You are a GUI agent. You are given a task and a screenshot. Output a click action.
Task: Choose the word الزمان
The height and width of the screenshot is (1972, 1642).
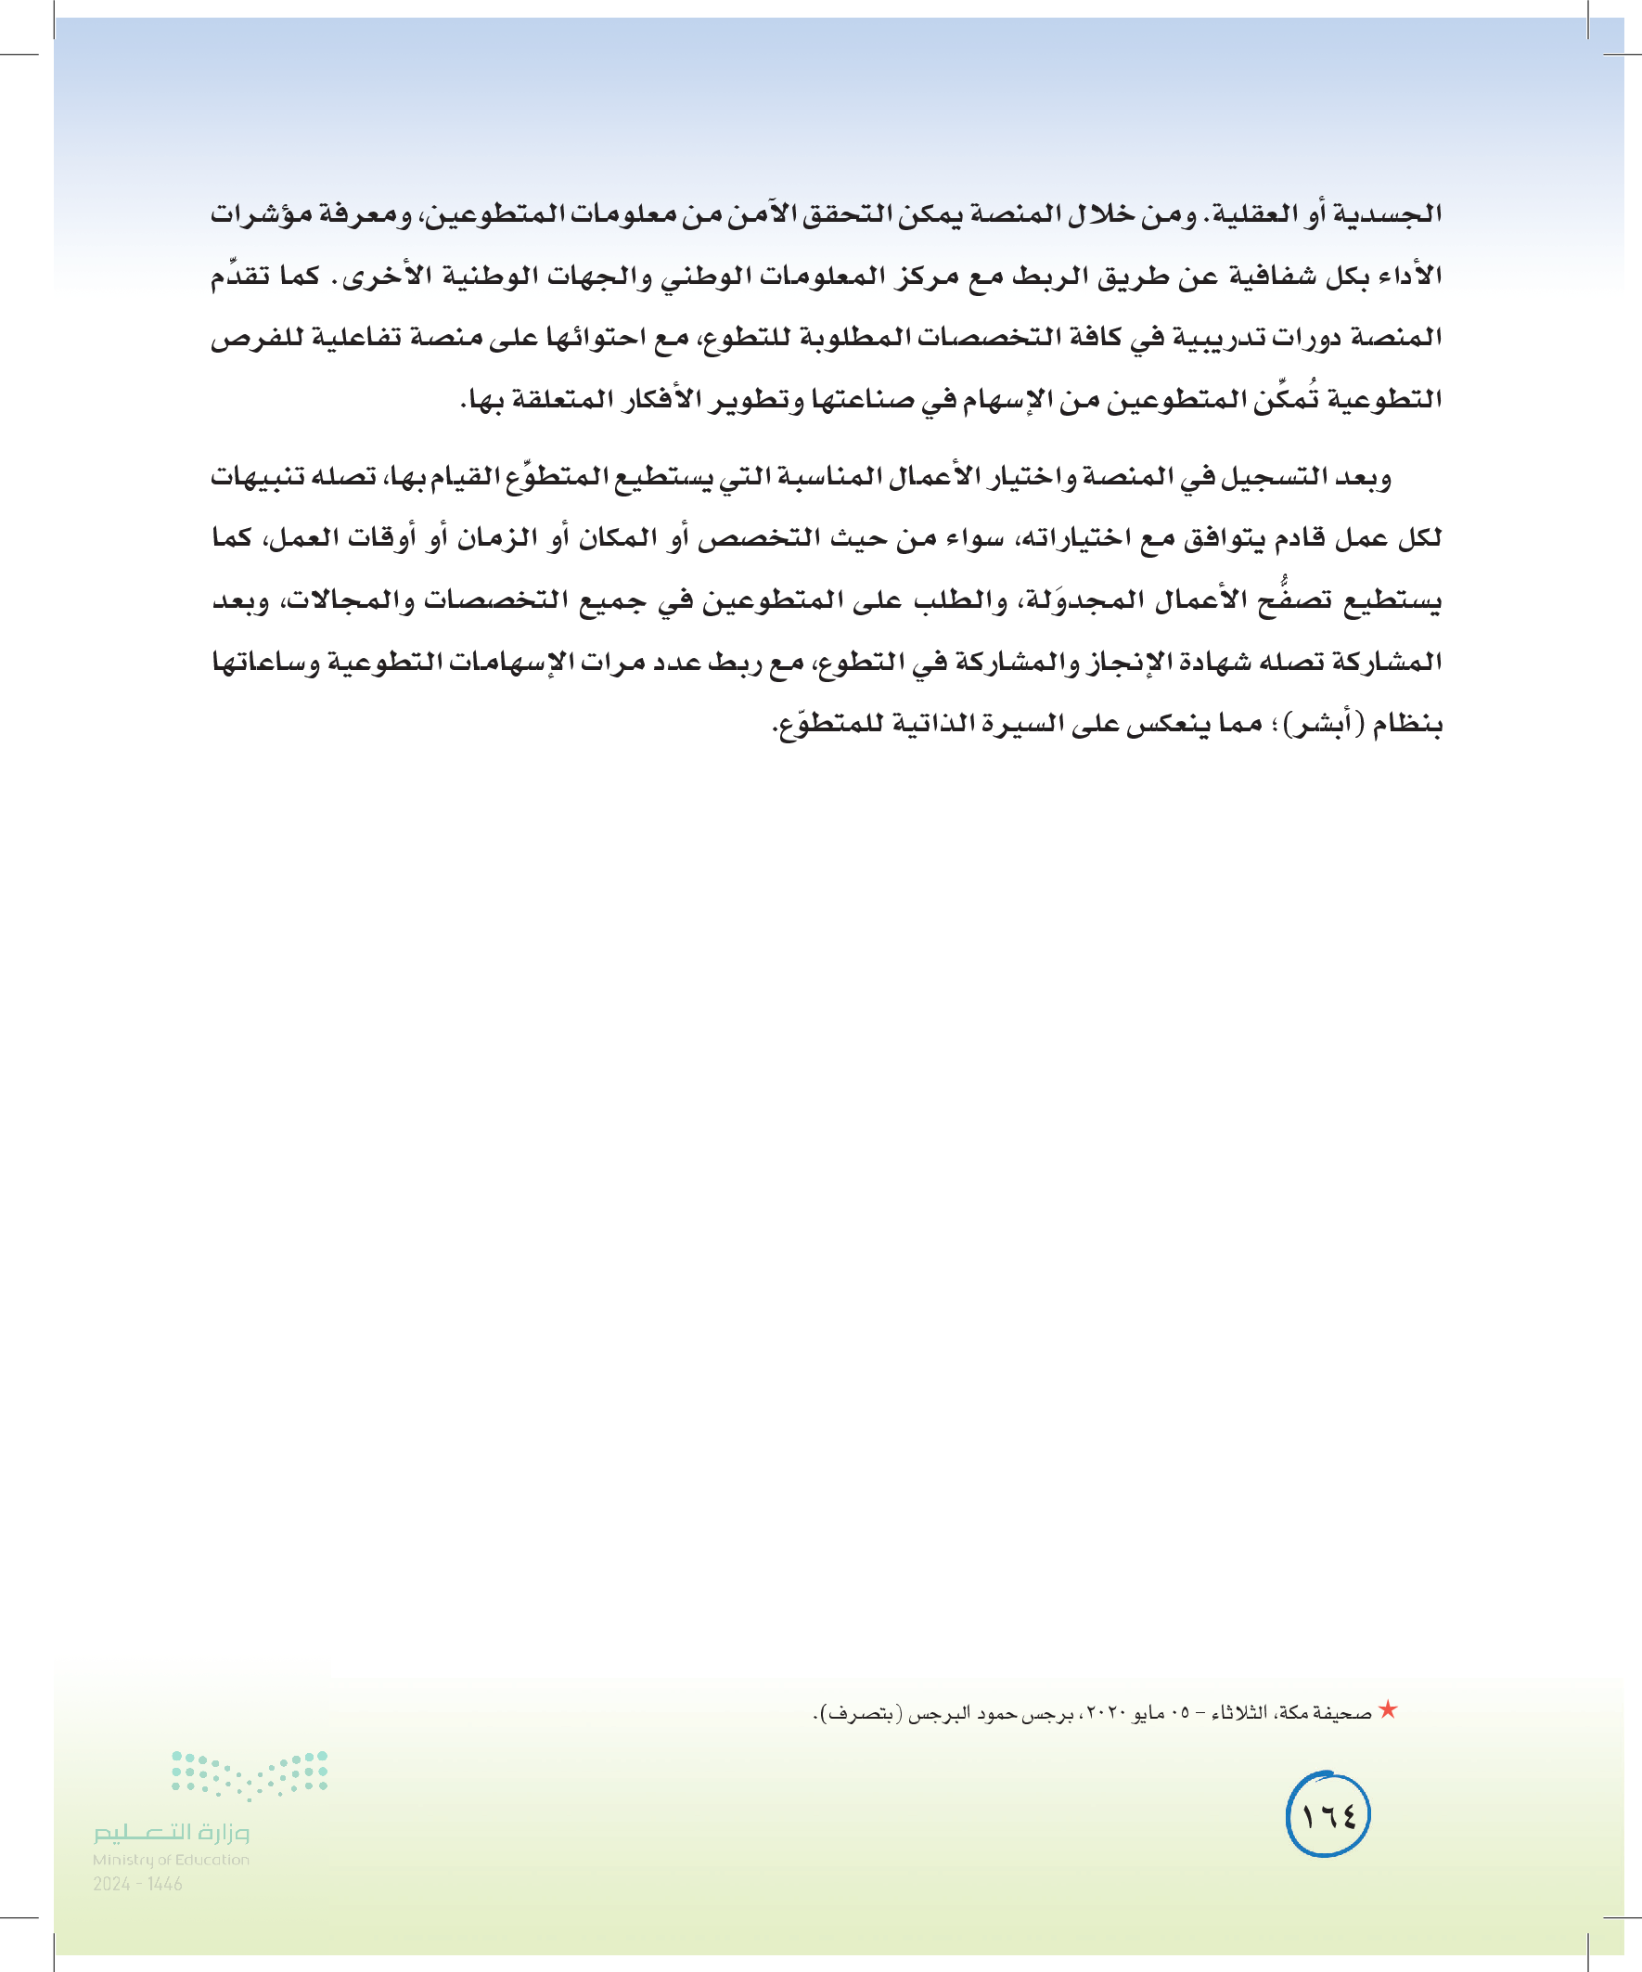point(496,539)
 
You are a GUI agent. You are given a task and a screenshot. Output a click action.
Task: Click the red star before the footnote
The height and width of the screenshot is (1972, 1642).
point(1389,1711)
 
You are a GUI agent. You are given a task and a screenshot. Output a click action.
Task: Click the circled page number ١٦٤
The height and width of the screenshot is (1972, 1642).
point(1328,1814)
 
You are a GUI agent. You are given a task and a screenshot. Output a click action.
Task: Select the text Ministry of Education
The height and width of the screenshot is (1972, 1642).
point(171,1860)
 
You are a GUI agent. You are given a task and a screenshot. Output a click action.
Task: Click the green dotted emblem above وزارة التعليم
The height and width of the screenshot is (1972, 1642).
point(249,1773)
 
